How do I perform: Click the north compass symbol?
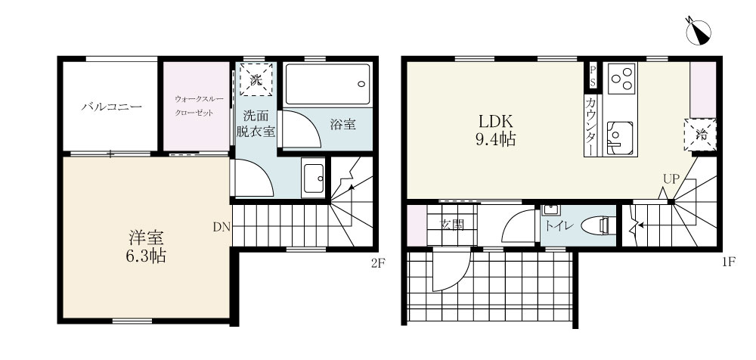(x=698, y=32)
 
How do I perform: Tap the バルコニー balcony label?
(x=111, y=107)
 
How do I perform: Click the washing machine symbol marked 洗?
(x=256, y=79)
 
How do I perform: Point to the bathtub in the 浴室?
(x=327, y=84)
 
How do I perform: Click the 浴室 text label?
(x=343, y=125)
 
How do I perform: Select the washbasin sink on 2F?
(x=314, y=178)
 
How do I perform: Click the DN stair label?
(x=221, y=226)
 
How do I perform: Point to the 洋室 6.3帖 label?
(x=146, y=246)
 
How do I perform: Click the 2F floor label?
(x=378, y=263)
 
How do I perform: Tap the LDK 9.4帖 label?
(x=495, y=129)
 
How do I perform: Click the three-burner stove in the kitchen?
(x=621, y=78)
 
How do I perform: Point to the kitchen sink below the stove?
(x=620, y=138)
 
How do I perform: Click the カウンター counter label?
(x=590, y=126)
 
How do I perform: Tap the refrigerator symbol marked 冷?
(x=700, y=135)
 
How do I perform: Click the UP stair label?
(x=671, y=179)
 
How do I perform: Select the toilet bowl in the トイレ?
(x=600, y=225)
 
